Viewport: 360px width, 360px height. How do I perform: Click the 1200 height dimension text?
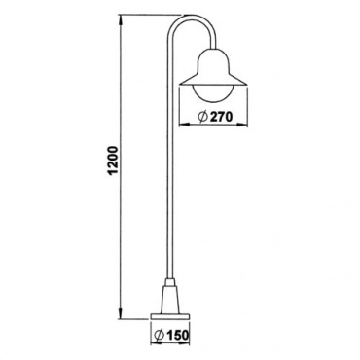(x=112, y=161)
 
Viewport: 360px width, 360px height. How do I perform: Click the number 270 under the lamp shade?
(x=222, y=117)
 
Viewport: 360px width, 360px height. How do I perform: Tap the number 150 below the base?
(x=177, y=335)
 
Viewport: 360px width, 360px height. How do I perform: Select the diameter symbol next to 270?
(x=202, y=117)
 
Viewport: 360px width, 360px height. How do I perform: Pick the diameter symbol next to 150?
(x=159, y=335)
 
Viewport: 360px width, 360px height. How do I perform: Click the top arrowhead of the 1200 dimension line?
(x=121, y=19)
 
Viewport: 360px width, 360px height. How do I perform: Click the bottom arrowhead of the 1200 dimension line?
(x=121, y=314)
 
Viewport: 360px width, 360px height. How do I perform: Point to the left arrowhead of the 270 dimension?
(x=184, y=124)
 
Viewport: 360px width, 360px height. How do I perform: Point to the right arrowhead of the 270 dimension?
(x=242, y=124)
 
